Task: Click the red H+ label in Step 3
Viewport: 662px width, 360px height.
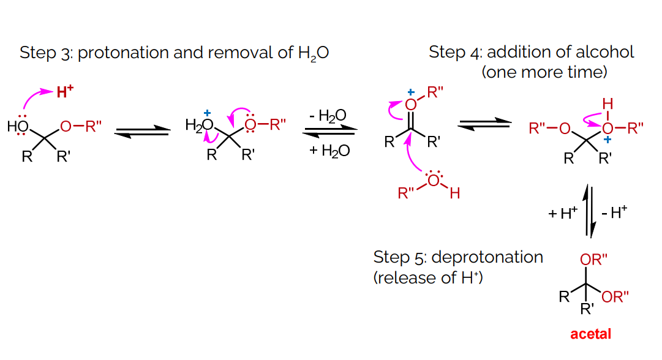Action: click(65, 92)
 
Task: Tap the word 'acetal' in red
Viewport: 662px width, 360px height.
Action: click(590, 334)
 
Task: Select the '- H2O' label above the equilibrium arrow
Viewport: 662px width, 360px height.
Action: click(328, 115)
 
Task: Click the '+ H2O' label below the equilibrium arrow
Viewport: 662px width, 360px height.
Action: click(329, 151)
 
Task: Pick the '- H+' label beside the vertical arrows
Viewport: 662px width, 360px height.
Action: click(614, 213)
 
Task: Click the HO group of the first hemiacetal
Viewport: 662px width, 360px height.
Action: click(19, 127)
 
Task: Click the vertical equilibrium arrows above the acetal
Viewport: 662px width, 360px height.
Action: click(589, 212)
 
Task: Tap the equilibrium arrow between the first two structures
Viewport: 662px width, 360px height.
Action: click(142, 130)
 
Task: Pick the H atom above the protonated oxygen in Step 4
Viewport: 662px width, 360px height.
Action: click(607, 103)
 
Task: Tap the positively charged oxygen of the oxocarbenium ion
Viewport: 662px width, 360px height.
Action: click(411, 105)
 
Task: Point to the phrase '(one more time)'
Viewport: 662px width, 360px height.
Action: click(544, 72)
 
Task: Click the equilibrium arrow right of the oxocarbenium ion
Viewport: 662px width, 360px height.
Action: click(484, 124)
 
